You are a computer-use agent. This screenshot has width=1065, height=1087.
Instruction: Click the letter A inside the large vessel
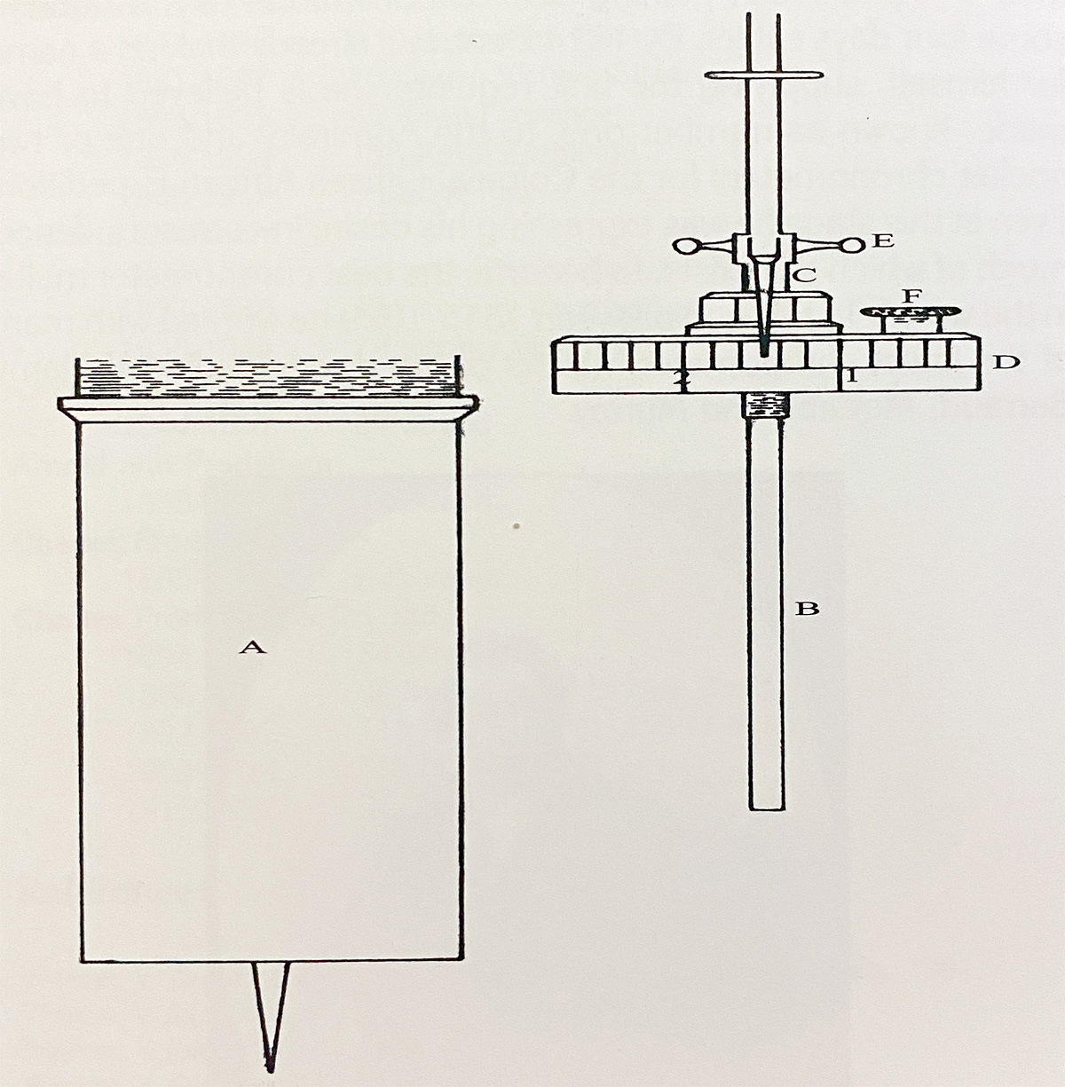[x=252, y=647]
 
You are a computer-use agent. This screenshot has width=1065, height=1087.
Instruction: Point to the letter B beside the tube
[x=807, y=609]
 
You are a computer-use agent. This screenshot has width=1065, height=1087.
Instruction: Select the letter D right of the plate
[x=1006, y=361]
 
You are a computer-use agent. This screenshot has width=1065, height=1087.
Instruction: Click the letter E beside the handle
[x=883, y=240]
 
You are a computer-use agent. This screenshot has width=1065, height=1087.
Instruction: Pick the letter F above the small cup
[x=912, y=295]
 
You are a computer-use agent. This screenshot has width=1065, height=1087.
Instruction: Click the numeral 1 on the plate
[x=852, y=377]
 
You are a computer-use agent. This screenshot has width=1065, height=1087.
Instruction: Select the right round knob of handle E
[x=851, y=246]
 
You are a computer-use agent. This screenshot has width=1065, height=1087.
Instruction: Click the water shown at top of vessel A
[x=267, y=377]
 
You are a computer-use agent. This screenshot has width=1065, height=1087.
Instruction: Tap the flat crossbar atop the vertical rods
[x=764, y=75]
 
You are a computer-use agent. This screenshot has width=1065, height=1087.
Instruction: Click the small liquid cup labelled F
[x=909, y=320]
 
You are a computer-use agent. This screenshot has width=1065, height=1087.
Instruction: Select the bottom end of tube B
[x=767, y=809]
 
